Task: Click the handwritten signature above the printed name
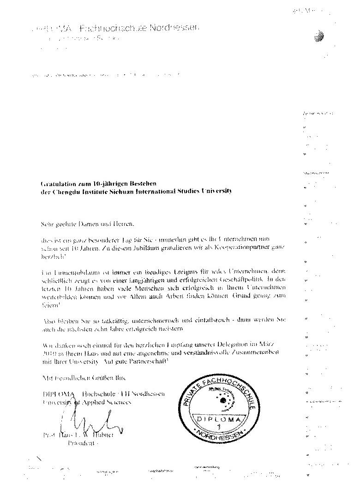pos(83,423)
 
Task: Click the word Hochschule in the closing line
pos(98,393)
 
